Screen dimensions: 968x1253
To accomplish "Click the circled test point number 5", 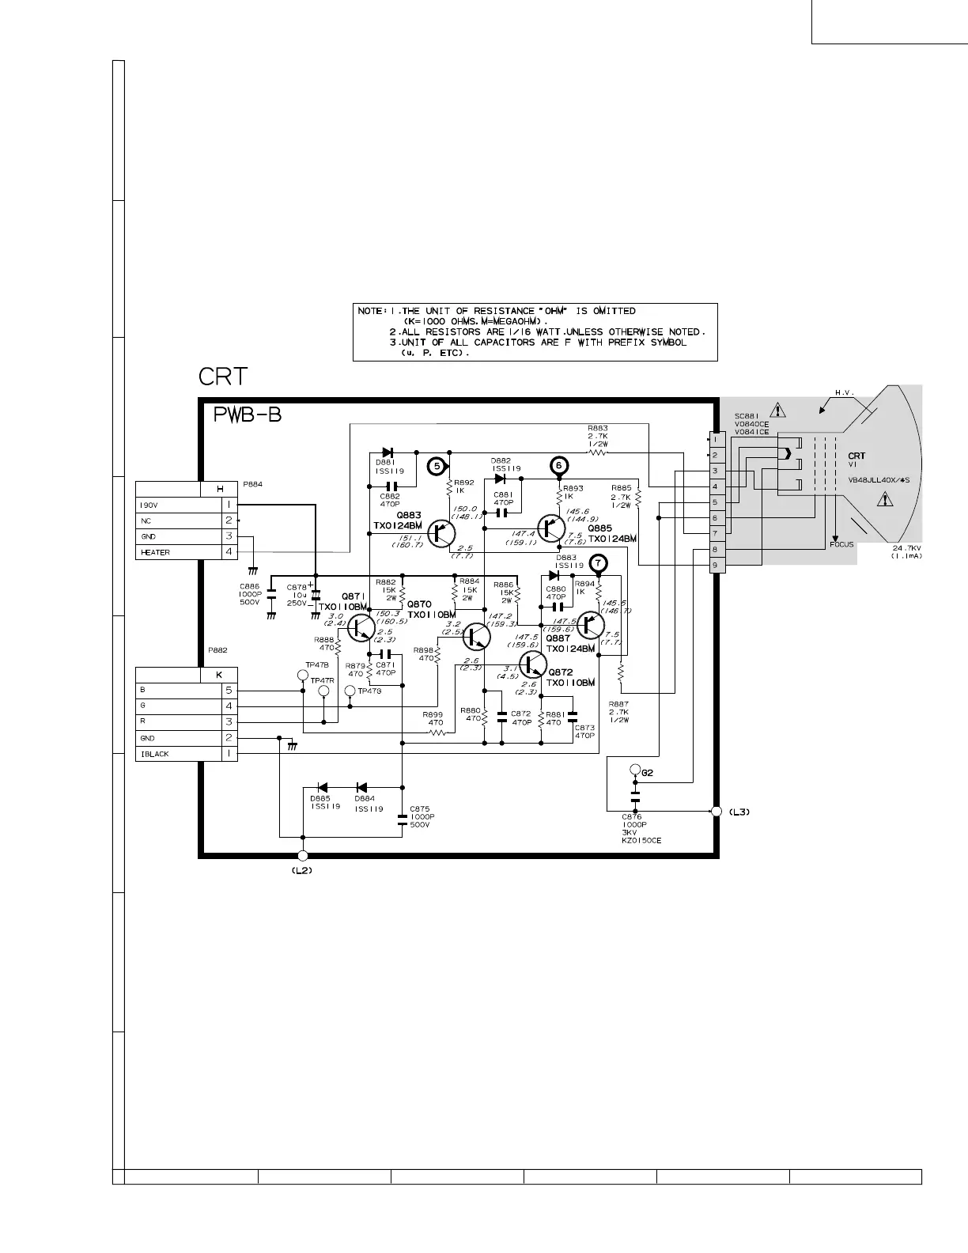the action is [x=437, y=467].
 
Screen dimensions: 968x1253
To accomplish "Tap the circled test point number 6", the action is [x=558, y=465].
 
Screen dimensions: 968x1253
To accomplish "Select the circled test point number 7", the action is [x=599, y=563].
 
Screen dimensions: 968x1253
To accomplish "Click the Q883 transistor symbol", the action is [x=441, y=534].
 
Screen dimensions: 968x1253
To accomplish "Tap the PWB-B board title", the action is [x=248, y=415].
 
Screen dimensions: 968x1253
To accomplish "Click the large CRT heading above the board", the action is [x=223, y=377].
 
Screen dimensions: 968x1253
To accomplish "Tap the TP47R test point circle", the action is [x=323, y=692].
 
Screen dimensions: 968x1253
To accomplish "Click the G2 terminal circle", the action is [x=634, y=770].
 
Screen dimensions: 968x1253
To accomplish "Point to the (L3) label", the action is [x=739, y=812].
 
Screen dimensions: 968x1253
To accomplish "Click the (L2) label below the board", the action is [x=302, y=870].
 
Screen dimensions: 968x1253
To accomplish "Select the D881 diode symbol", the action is [x=388, y=453].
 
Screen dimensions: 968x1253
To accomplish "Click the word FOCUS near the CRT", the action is [x=841, y=544].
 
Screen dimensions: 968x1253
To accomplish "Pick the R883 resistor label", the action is [x=598, y=428].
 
